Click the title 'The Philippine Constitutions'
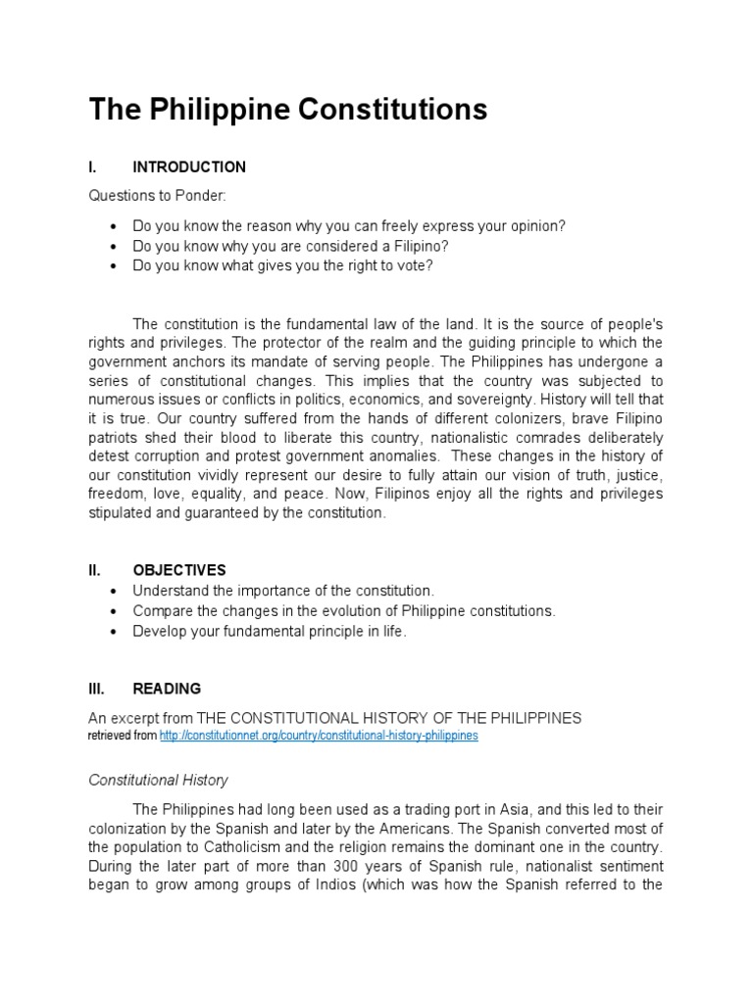tap(287, 110)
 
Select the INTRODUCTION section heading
tap(189, 167)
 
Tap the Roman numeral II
tap(95, 570)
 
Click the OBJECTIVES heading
tap(179, 570)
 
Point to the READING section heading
tap(167, 689)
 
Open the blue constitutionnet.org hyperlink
tap(319, 735)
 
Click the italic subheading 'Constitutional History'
tap(158, 781)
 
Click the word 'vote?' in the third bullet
tap(414, 265)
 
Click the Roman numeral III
tap(97, 689)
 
